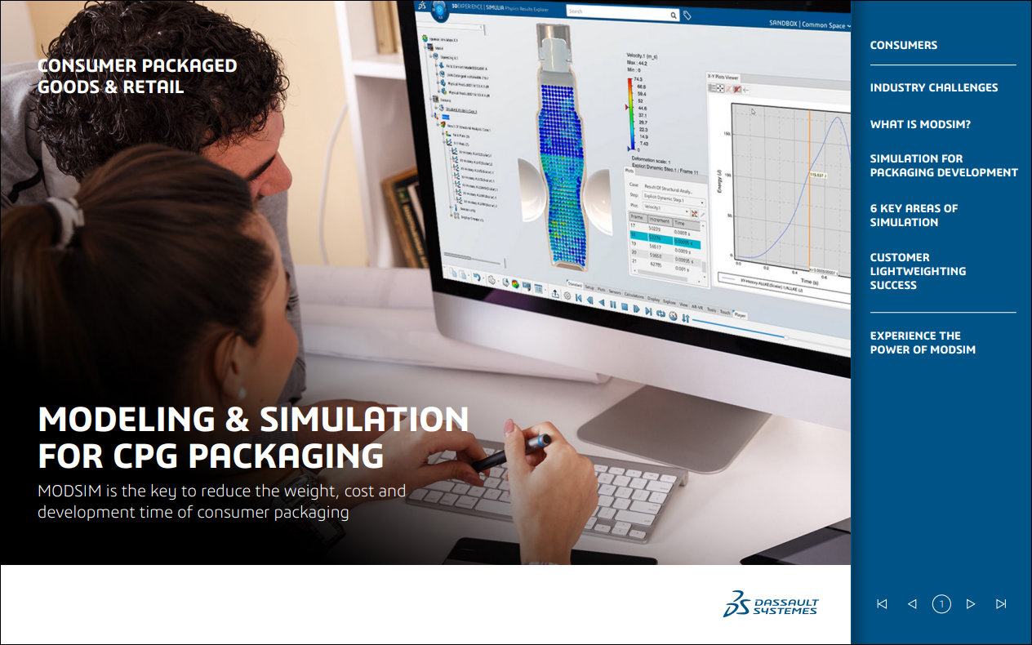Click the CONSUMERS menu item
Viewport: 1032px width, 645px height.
tap(903, 46)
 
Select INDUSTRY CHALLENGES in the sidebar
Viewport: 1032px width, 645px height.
tap(933, 87)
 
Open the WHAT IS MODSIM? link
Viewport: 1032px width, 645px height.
tap(919, 124)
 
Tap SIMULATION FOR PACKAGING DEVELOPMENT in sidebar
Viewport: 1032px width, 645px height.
tap(943, 166)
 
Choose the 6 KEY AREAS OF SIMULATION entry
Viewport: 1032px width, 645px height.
tap(914, 216)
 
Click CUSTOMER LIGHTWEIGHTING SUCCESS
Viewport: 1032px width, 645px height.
tap(918, 271)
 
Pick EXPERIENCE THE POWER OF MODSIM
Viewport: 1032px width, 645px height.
tap(923, 343)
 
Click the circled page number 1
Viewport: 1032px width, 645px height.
tap(941, 604)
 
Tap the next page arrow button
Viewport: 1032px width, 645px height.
tap(971, 604)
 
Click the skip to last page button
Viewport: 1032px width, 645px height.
tap(1001, 604)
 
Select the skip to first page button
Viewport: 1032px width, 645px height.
tap(882, 604)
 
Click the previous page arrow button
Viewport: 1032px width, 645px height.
tap(912, 604)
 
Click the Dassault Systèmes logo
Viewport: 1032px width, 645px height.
tap(770, 603)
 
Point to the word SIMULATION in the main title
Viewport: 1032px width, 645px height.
tap(364, 420)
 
